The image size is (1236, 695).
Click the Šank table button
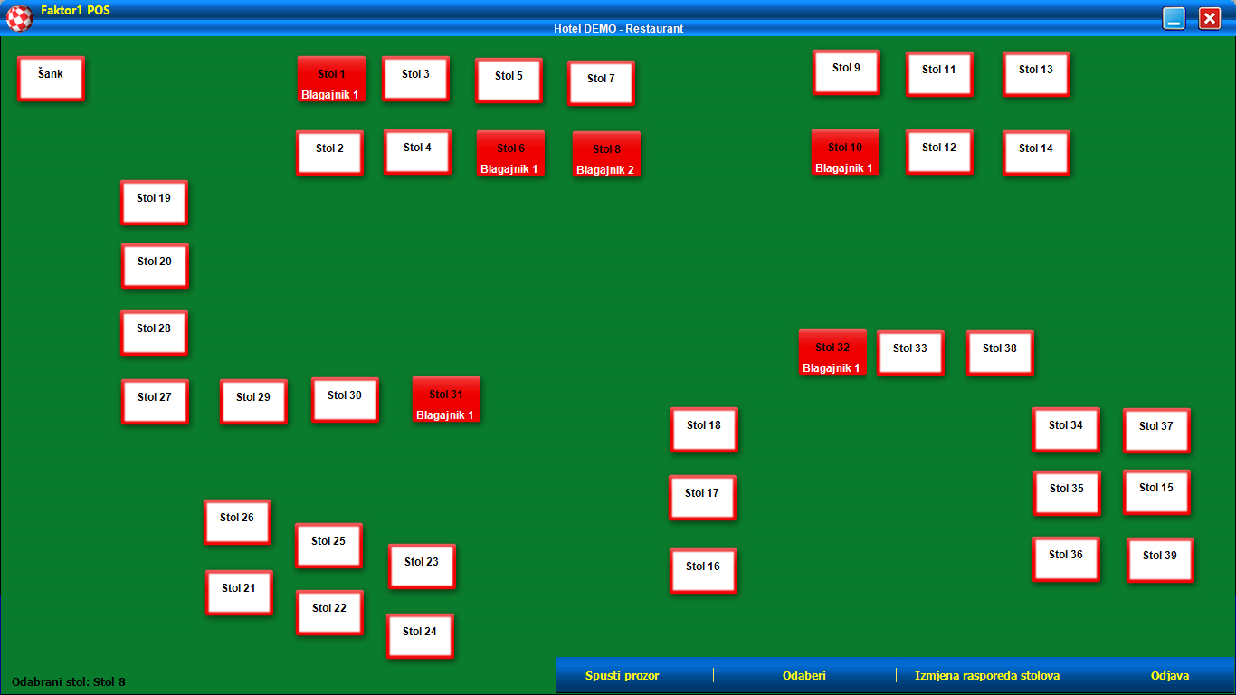tap(51, 78)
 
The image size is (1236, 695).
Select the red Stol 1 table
tap(331, 80)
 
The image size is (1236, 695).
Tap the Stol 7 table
tap(601, 83)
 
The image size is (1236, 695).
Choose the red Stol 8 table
tap(606, 154)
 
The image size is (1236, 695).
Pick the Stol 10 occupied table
tap(845, 152)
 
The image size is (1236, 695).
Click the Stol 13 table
tap(1036, 73)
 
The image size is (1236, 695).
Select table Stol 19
tap(154, 202)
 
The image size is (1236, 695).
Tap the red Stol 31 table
tap(446, 399)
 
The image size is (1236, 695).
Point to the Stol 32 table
tap(832, 352)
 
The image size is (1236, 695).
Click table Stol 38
tap(1000, 352)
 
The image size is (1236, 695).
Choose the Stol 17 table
tap(702, 498)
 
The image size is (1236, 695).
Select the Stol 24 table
tap(420, 635)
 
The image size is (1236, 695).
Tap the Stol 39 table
tap(1160, 559)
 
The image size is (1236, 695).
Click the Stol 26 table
tap(237, 521)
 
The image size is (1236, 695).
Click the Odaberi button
tap(804, 676)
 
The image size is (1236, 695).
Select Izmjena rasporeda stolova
tap(987, 676)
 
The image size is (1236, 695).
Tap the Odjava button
tap(1170, 676)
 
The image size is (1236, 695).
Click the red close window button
tap(1210, 18)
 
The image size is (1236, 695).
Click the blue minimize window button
tap(1174, 18)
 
